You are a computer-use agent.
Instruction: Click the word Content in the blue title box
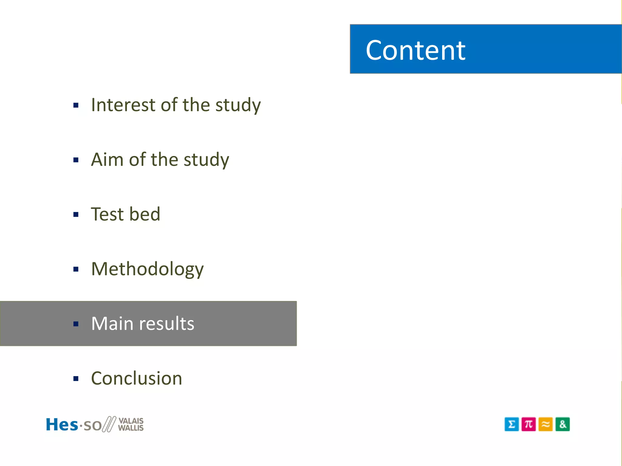coord(415,50)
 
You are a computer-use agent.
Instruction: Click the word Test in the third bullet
coord(107,214)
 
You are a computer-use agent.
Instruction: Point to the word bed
coord(145,214)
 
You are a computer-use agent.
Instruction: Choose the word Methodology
coord(147,269)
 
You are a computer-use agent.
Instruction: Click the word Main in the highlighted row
coord(112,323)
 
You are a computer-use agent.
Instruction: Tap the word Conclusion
coord(137,378)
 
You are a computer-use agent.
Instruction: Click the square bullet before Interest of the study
coord(76,106)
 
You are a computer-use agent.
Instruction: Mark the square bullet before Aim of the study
coord(76,160)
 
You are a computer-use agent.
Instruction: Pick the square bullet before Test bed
coord(76,215)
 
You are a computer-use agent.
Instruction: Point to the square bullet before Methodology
coord(76,269)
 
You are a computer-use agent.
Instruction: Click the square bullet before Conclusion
coord(76,379)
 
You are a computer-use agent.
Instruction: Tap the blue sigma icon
coord(511,424)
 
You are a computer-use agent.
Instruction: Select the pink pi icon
coord(528,424)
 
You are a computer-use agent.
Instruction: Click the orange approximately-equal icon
coord(545,424)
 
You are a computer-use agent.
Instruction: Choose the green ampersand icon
coord(562,424)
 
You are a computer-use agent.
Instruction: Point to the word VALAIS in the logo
coord(131,420)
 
